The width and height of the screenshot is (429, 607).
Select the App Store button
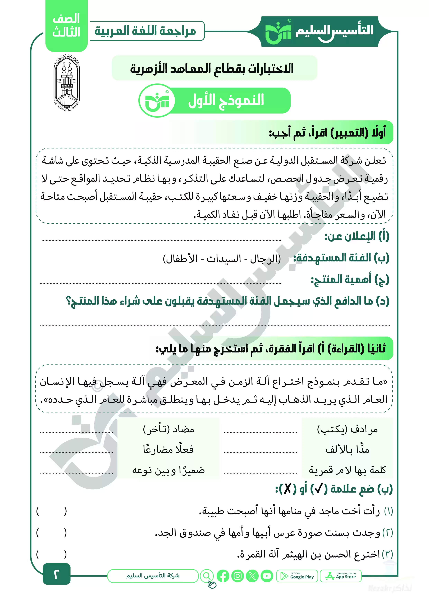(340, 576)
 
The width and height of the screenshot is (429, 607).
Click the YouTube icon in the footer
(267, 576)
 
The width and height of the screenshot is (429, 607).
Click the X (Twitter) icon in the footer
(252, 576)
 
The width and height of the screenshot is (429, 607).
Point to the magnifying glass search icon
(207, 576)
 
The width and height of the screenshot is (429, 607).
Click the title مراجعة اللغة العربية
(145, 31)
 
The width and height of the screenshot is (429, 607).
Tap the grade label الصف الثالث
(66, 26)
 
